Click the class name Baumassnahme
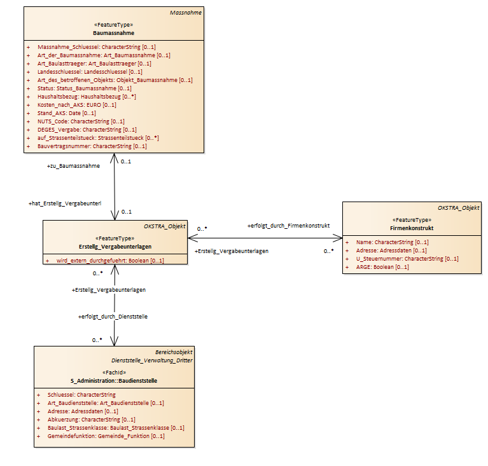click(x=114, y=33)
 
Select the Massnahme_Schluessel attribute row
click(x=97, y=47)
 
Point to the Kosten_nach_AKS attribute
click(x=76, y=105)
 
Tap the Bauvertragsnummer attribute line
click(x=92, y=146)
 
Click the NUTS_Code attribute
click(x=81, y=121)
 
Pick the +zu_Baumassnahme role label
click(x=73, y=166)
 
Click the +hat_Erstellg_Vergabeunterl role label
click(x=65, y=203)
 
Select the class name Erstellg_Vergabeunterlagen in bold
click(x=115, y=247)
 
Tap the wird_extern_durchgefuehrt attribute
click(x=110, y=261)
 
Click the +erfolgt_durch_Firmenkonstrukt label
click(x=288, y=226)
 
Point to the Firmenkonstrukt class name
click(x=412, y=228)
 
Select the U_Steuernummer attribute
click(x=407, y=259)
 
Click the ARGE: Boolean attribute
click(x=382, y=267)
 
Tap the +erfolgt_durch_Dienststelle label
click(x=113, y=317)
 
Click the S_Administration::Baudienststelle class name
click(x=114, y=381)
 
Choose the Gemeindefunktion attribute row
click(x=106, y=436)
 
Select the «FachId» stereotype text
click(x=115, y=373)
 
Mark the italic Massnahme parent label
click(x=186, y=13)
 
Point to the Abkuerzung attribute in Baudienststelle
click(x=91, y=420)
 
